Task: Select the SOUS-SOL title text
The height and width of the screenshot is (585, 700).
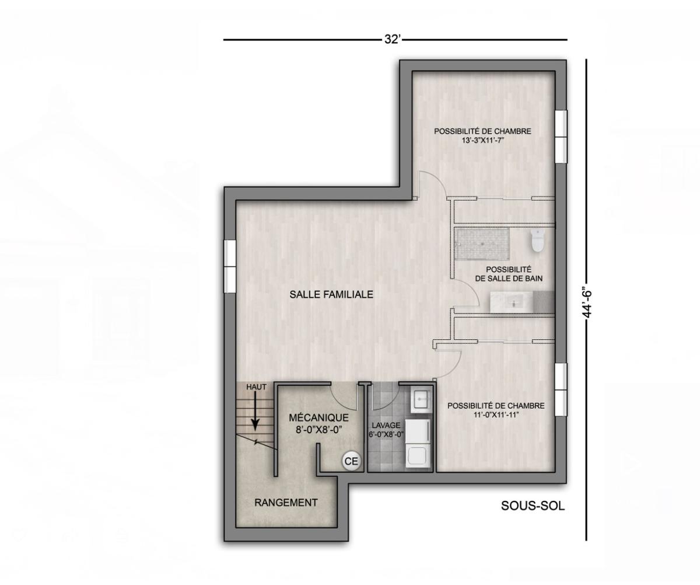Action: [x=533, y=506]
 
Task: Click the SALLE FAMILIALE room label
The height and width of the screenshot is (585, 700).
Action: [x=331, y=295]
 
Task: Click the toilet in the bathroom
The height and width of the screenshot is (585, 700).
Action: [x=537, y=239]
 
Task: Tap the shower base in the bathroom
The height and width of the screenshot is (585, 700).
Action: [x=482, y=243]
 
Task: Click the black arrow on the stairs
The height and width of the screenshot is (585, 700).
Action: [x=255, y=416]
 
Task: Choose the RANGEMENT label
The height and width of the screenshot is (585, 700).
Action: [x=286, y=502]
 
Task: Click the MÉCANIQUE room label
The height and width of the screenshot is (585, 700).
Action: [x=318, y=418]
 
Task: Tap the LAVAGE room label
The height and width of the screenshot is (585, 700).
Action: [x=386, y=426]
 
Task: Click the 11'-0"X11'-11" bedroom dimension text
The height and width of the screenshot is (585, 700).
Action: [x=495, y=415]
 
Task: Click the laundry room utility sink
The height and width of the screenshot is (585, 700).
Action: [x=420, y=399]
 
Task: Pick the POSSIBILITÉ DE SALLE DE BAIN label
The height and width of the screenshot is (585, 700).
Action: [x=509, y=274]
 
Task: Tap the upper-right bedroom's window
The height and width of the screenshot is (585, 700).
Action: [x=561, y=137]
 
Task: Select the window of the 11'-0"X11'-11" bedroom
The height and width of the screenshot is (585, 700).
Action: [x=561, y=389]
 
